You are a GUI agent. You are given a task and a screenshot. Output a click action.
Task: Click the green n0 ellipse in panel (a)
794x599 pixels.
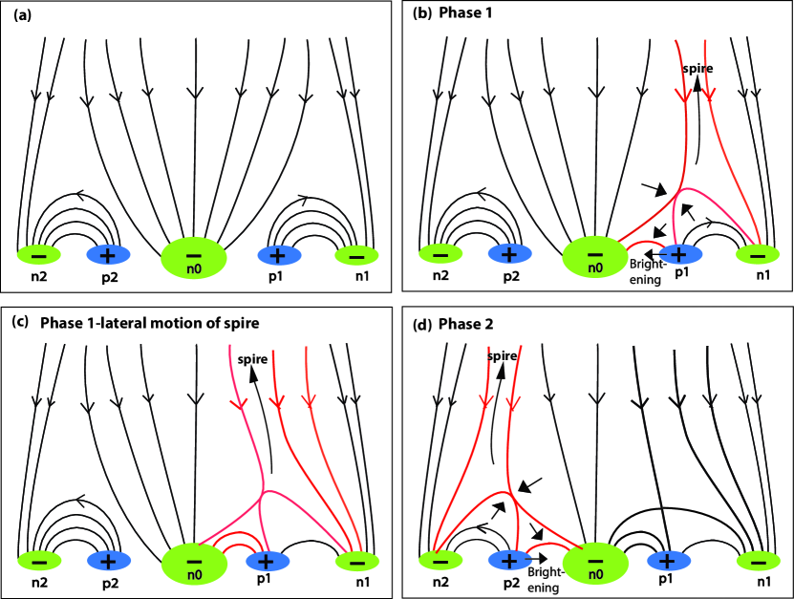[x=193, y=257]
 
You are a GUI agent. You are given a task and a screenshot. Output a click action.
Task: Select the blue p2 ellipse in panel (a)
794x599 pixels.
[x=108, y=255]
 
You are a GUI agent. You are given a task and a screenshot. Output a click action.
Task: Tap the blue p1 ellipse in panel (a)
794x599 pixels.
[x=278, y=255]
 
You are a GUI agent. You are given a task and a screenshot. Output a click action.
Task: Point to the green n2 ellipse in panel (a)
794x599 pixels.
[x=39, y=255]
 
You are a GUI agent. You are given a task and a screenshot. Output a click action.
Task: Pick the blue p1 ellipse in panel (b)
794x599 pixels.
[x=679, y=254]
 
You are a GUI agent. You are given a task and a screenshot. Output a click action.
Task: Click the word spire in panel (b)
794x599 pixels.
[x=697, y=69]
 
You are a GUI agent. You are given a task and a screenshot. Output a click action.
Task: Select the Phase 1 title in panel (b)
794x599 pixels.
[x=465, y=12]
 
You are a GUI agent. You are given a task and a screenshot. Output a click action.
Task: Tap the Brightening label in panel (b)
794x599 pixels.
[x=646, y=271]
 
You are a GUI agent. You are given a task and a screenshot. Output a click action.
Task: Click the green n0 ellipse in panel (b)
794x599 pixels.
[x=595, y=257]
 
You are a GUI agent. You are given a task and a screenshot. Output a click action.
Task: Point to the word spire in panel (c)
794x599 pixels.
[x=252, y=359]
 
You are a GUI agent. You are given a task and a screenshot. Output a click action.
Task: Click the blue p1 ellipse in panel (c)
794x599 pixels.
[x=268, y=561]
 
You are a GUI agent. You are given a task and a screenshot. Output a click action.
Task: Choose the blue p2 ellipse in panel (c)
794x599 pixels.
[x=109, y=561]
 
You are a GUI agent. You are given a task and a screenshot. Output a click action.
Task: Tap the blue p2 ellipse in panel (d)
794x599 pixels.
[x=510, y=560]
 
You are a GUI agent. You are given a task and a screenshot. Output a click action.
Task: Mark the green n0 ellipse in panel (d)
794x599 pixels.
[x=595, y=563]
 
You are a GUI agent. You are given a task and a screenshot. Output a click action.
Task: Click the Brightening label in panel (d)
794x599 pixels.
[x=545, y=580]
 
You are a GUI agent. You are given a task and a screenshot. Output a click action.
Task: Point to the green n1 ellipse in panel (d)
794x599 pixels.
[x=758, y=561]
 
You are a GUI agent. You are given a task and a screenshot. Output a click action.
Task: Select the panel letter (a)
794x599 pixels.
[x=22, y=15]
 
